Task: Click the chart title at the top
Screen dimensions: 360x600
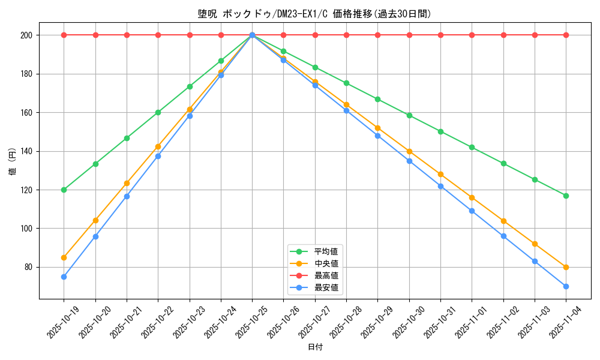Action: click(x=315, y=14)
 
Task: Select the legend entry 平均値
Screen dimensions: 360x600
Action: click(x=326, y=251)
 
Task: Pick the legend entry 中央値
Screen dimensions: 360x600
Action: click(x=326, y=263)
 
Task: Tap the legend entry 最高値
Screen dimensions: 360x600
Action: click(x=326, y=275)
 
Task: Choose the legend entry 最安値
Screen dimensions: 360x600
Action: click(x=326, y=287)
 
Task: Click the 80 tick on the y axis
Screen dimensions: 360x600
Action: click(x=28, y=267)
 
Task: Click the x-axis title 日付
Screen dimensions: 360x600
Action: click(x=315, y=347)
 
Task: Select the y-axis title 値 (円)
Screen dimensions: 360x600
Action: click(x=12, y=162)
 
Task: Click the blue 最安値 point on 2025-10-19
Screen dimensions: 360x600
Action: click(x=64, y=277)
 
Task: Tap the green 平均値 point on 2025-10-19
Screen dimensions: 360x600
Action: click(x=64, y=190)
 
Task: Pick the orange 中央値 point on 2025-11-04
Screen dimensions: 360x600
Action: click(x=566, y=267)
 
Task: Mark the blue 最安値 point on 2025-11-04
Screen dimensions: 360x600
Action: click(x=566, y=286)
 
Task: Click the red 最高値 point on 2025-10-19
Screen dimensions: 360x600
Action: click(x=64, y=35)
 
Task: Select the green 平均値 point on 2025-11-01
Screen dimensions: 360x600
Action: click(x=472, y=147)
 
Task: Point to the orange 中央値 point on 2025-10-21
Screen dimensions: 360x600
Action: click(x=127, y=183)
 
